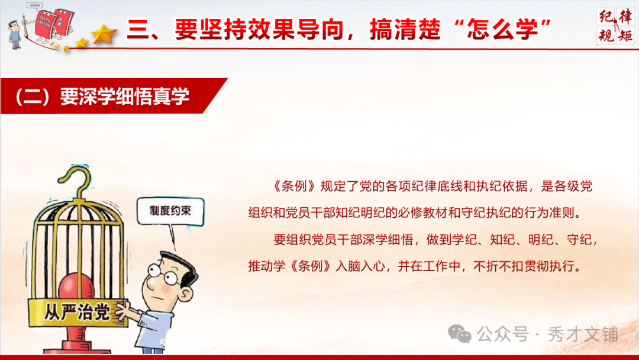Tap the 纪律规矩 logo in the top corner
[615, 25]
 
